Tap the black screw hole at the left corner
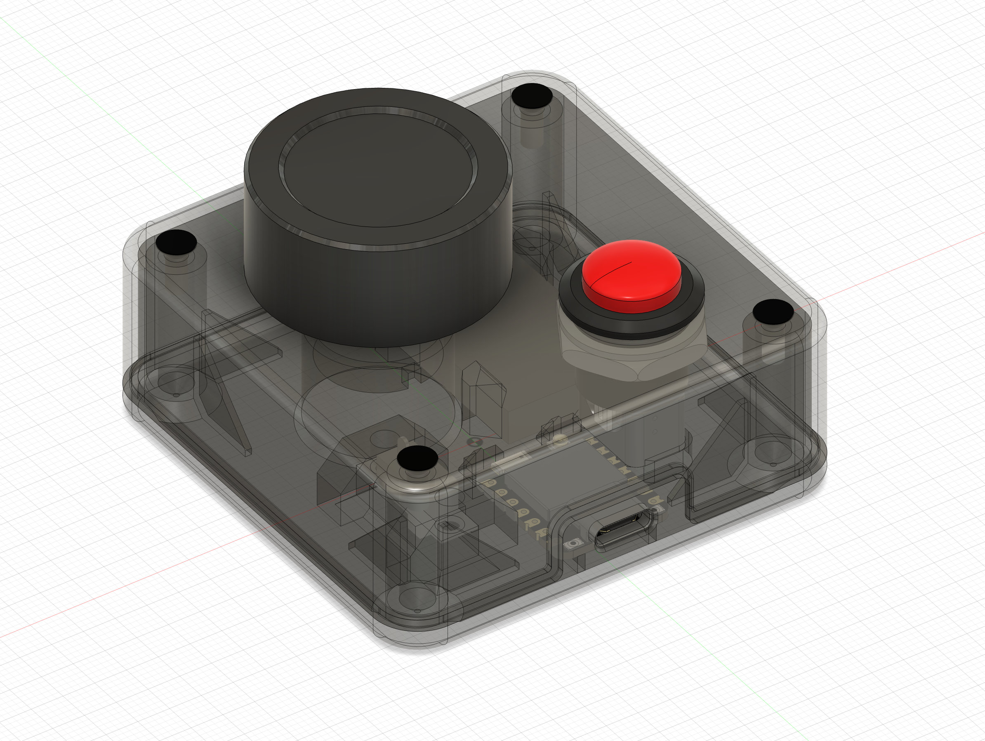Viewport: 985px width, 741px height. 177,242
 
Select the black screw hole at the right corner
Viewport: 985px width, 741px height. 773,311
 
